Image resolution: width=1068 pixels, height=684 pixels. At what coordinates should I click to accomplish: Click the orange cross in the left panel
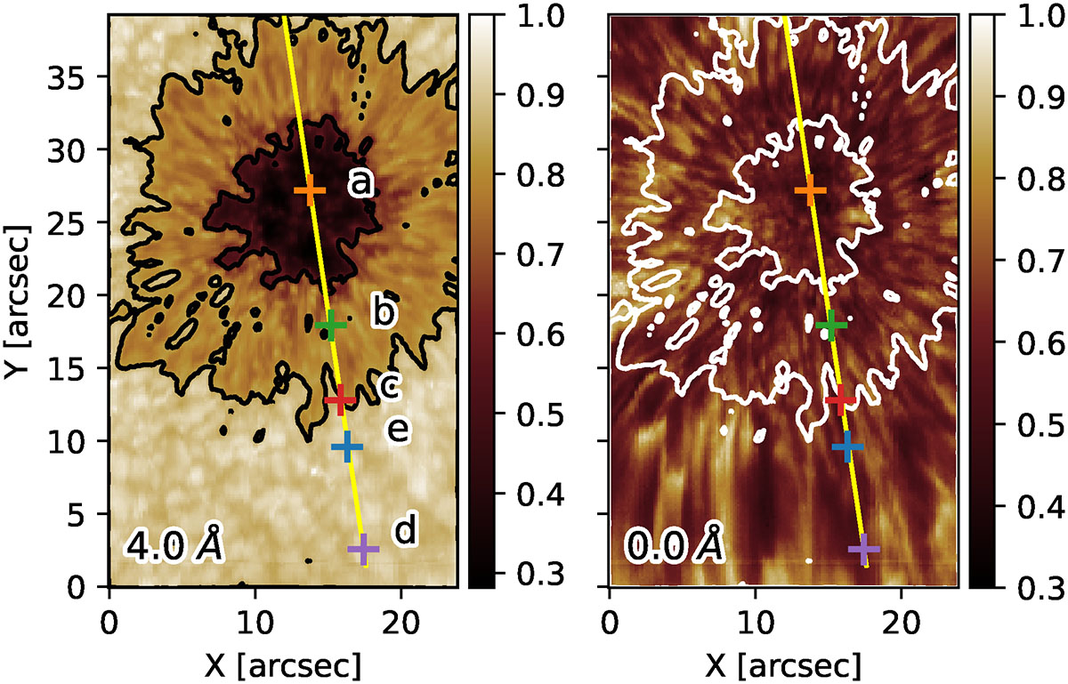pos(310,190)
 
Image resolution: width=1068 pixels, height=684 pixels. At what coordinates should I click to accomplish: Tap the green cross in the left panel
pos(331,325)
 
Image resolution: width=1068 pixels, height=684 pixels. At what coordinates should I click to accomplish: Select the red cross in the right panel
pos(840,399)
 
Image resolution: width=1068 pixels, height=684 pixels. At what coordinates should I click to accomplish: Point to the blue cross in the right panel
pos(847,447)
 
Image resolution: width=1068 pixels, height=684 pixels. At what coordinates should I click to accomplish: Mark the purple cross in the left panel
pos(363,549)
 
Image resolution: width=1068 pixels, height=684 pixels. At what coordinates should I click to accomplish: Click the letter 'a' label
pos(360,183)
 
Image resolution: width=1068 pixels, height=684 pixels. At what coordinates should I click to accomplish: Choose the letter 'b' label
pos(384,312)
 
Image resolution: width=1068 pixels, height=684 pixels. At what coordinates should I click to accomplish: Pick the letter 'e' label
pos(398,430)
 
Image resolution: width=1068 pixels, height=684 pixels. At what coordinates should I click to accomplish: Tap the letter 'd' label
pos(405,528)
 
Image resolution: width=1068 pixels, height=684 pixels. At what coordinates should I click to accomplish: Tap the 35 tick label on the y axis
pos(66,76)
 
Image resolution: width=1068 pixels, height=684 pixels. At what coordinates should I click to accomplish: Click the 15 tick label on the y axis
pos(66,368)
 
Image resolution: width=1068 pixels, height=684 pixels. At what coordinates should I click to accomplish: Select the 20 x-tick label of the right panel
pos(901,622)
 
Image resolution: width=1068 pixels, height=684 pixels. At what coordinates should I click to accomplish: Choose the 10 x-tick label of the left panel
pos(256,622)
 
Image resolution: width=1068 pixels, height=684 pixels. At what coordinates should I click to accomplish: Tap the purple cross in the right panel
pos(864,549)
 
